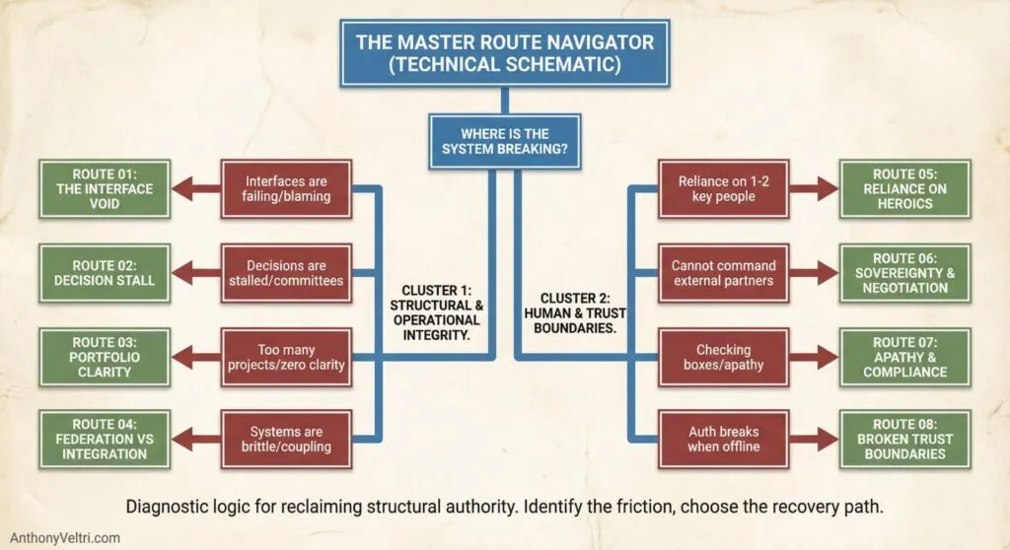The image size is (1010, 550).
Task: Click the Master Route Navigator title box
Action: pyautogui.click(x=504, y=52)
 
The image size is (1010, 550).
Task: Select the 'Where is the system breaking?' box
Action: pyautogui.click(x=504, y=142)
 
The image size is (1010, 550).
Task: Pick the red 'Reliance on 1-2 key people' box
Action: pyautogui.click(x=724, y=189)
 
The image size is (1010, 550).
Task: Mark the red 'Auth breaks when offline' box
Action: pyautogui.click(x=724, y=440)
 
